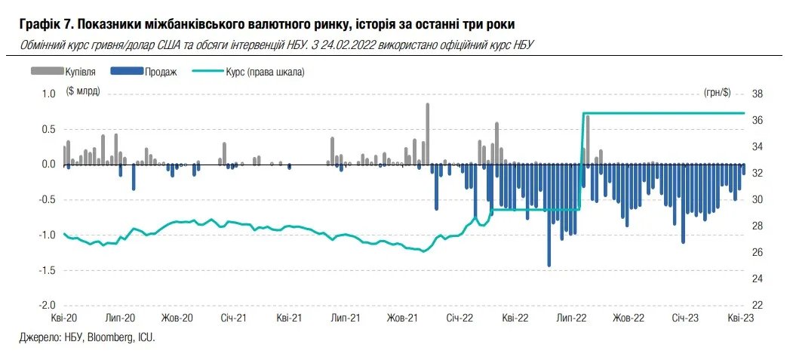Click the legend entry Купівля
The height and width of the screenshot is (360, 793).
(x=79, y=72)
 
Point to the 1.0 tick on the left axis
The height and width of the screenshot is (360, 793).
(x=48, y=94)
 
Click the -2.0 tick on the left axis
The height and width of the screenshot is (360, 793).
(x=47, y=305)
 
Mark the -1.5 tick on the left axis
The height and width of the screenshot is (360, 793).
(x=47, y=269)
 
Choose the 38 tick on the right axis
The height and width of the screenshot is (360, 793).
(x=758, y=94)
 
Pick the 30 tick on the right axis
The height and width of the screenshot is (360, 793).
(x=758, y=199)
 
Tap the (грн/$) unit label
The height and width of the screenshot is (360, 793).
(x=716, y=92)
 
